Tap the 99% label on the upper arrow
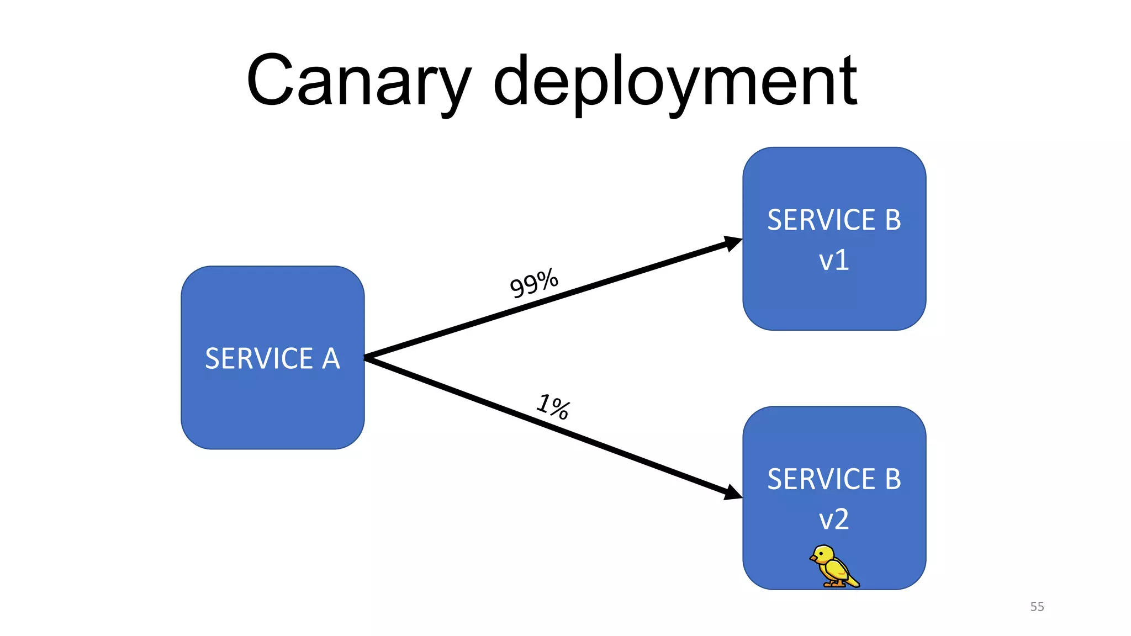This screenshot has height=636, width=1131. click(533, 283)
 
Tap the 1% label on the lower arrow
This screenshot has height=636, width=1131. click(553, 407)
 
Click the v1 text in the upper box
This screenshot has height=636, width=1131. click(833, 260)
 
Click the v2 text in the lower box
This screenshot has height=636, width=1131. click(833, 520)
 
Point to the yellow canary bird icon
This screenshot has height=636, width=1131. click(834, 566)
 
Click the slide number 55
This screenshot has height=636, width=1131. click(1037, 606)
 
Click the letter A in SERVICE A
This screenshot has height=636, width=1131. click(331, 359)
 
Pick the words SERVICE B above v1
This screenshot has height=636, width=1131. click(834, 220)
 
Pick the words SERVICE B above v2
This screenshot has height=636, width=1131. click(834, 479)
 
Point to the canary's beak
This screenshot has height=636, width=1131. click(813, 559)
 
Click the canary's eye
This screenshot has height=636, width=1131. click(824, 553)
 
